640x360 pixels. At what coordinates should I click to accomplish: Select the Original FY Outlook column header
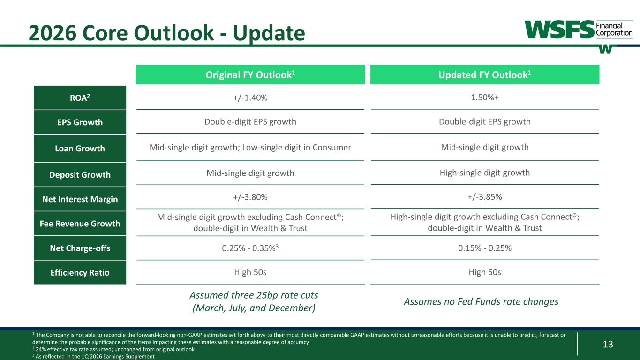pos(250,75)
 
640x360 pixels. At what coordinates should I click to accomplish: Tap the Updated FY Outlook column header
pos(485,75)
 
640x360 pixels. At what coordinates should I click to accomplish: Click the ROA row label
pos(80,97)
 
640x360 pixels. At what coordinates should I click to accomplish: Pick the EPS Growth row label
pos(80,122)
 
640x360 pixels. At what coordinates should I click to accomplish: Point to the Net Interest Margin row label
pos(80,199)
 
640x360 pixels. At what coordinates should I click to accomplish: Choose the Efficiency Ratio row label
pos(80,272)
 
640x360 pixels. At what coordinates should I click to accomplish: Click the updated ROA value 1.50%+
pos(485,97)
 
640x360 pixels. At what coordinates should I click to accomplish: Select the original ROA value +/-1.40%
pos(250,97)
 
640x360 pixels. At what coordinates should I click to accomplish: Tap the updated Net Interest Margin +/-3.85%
pos(485,196)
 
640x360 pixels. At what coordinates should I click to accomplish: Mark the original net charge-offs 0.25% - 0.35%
pos(250,248)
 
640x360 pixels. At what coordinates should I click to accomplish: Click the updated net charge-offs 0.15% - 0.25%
pos(485,247)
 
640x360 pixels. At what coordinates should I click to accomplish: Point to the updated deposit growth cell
pos(485,172)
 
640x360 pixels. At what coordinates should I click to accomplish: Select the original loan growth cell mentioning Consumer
pos(250,147)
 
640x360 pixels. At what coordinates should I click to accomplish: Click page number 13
pos(608,344)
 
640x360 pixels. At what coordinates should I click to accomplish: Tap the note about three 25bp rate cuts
pos(254,301)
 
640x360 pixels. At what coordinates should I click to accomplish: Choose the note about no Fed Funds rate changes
pos(481,301)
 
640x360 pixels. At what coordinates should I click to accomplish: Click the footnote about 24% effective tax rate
pos(113,349)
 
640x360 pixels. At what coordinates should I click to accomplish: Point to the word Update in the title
pos(269,34)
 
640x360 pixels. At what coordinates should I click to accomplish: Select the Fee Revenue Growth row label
pos(80,224)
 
